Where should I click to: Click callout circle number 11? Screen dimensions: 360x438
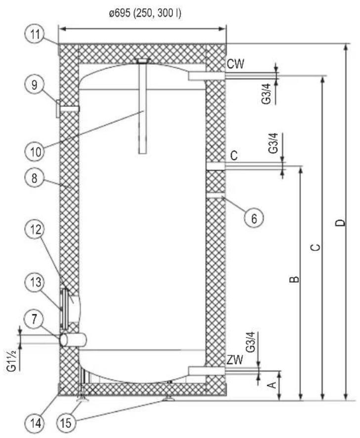tap(35, 35)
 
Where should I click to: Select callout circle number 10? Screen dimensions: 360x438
tap(35, 152)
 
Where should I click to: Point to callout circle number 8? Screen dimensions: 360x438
tap(34, 178)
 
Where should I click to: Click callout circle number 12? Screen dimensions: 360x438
tap(36, 230)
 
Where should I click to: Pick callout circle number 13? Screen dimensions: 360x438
tap(35, 282)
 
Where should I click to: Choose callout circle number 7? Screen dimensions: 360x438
tap(34, 320)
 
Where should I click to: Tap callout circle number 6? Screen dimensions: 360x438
tap(254, 218)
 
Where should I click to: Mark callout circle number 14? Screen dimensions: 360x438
tap(36, 424)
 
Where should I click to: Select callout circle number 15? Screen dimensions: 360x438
tap(66, 424)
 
